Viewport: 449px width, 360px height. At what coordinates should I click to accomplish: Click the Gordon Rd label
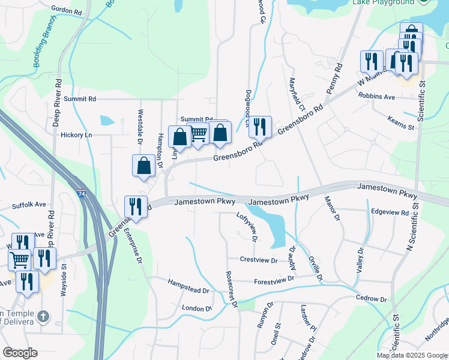coord(67,11)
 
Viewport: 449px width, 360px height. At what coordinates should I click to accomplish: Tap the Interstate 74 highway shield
coord(81,194)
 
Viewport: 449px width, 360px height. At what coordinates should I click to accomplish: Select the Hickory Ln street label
coord(76,135)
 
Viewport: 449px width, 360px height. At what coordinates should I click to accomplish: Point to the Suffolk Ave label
coord(29,205)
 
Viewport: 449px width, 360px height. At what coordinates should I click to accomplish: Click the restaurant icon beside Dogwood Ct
coord(260,127)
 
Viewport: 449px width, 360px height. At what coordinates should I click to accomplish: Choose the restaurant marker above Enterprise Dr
coord(135,207)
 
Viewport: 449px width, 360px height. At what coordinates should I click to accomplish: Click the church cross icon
coord(43,316)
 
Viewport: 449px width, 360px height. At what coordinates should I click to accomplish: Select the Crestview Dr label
coord(259,260)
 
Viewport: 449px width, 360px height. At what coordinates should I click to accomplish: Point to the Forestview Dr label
coord(274,280)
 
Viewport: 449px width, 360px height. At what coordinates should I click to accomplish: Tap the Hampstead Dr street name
coord(188,286)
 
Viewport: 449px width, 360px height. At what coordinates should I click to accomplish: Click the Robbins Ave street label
coord(376,96)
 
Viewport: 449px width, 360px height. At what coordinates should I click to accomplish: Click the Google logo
coord(20,353)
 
